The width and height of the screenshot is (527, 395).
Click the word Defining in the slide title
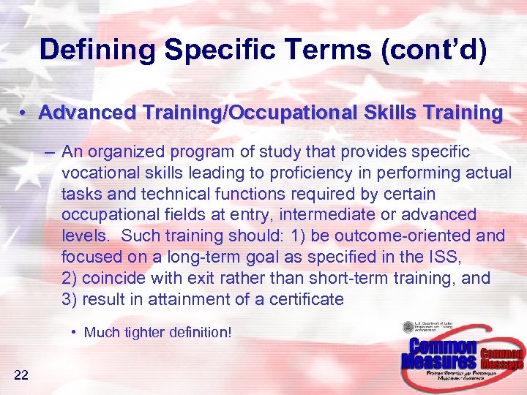point(97,50)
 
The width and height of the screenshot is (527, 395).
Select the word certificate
point(307,299)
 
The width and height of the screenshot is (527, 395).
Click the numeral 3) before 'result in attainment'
point(71,299)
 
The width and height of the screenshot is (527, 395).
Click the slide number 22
point(20,375)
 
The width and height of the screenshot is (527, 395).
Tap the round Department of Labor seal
point(408,327)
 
